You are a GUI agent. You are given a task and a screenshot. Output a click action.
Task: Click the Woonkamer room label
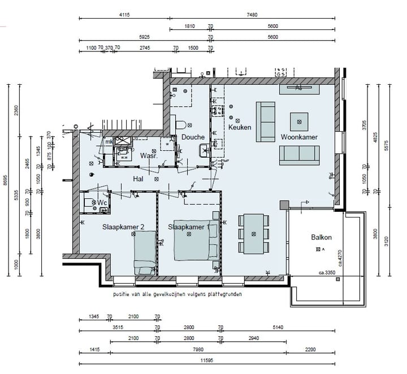click(299, 137)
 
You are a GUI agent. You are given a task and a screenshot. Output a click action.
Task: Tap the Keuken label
click(240, 128)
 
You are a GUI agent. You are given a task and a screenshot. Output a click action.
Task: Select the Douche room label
click(193, 137)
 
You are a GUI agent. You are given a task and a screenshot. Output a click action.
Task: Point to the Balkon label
click(321, 237)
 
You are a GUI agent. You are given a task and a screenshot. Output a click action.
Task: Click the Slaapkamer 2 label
click(123, 227)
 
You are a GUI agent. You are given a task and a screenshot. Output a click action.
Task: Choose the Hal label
click(137, 179)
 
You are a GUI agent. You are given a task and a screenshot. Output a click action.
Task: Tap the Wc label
click(102, 202)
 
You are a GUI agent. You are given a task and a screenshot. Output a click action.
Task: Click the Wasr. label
click(148, 155)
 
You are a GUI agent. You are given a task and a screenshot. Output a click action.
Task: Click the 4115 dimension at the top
click(124, 15)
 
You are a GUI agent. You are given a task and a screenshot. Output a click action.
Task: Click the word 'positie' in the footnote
click(123, 295)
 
